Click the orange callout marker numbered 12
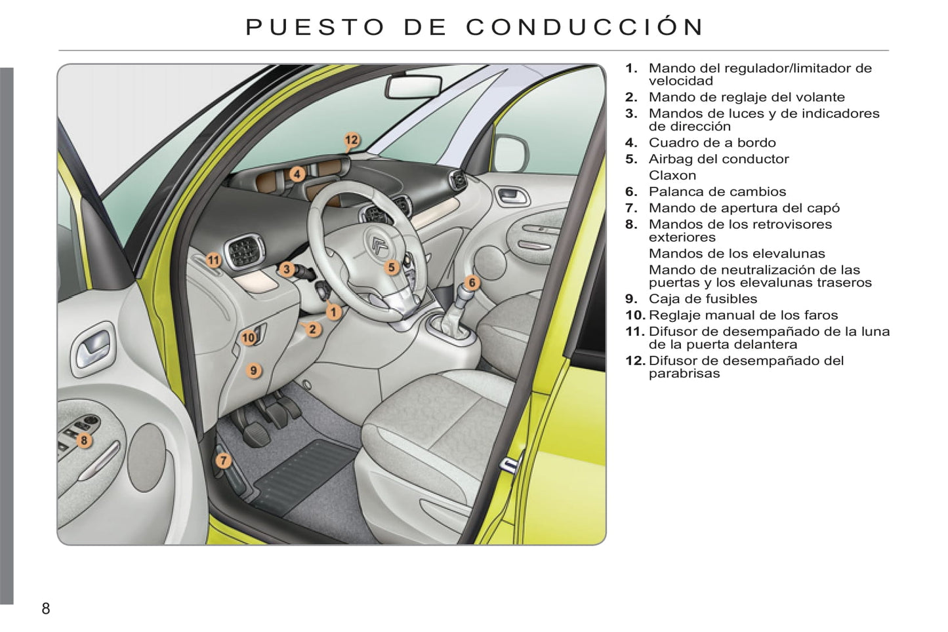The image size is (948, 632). click(352, 140)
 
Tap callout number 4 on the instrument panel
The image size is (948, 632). click(297, 174)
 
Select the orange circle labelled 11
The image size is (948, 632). click(214, 260)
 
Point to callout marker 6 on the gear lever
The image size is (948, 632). click(472, 283)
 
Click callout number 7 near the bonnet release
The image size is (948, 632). click(224, 460)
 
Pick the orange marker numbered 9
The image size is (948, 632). click(253, 370)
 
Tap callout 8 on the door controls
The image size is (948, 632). click(84, 441)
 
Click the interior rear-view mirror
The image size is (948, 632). click(413, 87)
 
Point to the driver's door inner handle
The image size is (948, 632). click(93, 349)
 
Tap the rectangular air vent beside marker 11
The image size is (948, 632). click(243, 252)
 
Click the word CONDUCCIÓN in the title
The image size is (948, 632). click(585, 27)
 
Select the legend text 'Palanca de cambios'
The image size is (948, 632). click(717, 191)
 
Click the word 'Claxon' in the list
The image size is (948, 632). click(672, 175)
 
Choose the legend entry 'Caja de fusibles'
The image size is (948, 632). click(703, 299)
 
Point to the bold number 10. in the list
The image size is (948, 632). click(636, 315)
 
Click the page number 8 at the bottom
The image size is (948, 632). click(46, 609)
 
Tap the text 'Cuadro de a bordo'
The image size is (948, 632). click(712, 142)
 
